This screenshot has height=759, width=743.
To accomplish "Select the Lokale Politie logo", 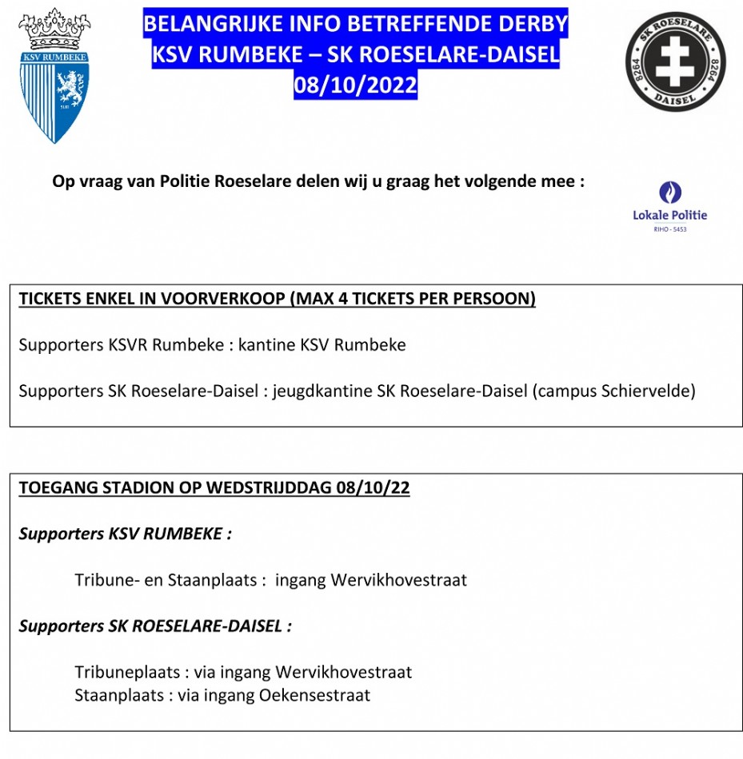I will (x=669, y=205).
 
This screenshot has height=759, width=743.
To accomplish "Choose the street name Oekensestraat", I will (x=315, y=695).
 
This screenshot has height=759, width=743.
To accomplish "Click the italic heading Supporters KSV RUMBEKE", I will (x=126, y=534).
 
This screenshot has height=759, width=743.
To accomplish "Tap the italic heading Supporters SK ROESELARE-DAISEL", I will (x=155, y=626).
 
